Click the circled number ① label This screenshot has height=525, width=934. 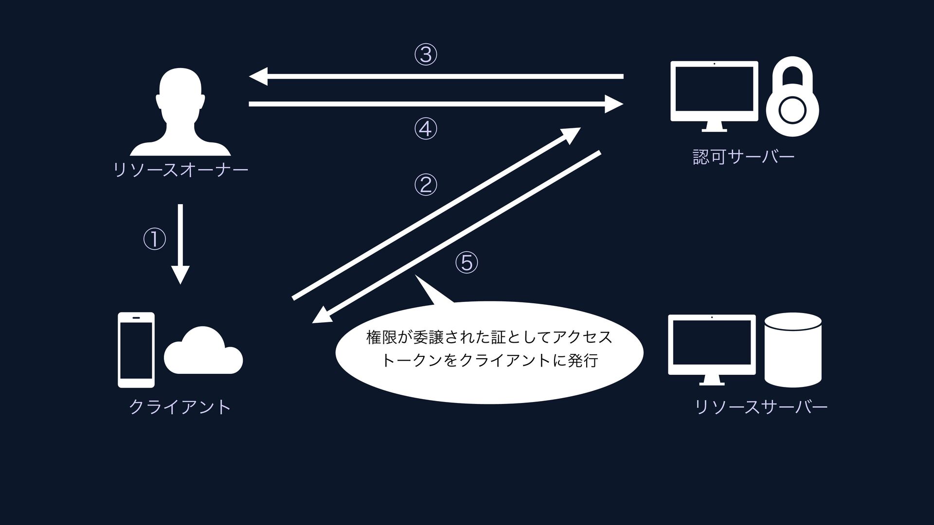click(x=154, y=239)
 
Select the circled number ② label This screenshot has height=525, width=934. click(x=426, y=185)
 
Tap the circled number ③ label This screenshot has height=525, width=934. click(x=426, y=54)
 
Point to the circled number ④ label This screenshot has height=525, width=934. click(x=426, y=129)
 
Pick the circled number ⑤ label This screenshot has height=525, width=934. click(x=467, y=262)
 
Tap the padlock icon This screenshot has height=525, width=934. click(x=792, y=97)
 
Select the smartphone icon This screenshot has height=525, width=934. click(x=136, y=350)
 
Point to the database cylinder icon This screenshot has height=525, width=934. click(x=793, y=350)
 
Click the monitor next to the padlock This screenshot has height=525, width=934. click(x=714, y=95)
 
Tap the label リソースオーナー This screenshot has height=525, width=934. click(x=180, y=170)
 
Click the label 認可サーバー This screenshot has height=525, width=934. click(x=743, y=157)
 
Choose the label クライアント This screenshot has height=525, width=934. click(x=180, y=407)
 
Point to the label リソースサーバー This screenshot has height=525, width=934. click(x=761, y=407)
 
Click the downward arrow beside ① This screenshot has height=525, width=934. click(x=180, y=243)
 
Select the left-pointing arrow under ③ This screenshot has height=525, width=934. click(x=435, y=77)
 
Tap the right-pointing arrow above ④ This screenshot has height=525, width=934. click(x=435, y=104)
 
